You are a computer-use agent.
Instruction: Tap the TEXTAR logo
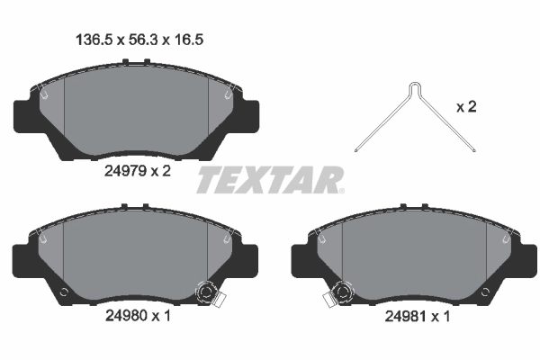click(269, 179)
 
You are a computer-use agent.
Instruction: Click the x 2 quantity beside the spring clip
click(465, 108)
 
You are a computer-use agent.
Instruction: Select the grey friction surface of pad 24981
click(414, 256)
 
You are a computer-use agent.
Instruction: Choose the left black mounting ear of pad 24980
click(25, 261)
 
